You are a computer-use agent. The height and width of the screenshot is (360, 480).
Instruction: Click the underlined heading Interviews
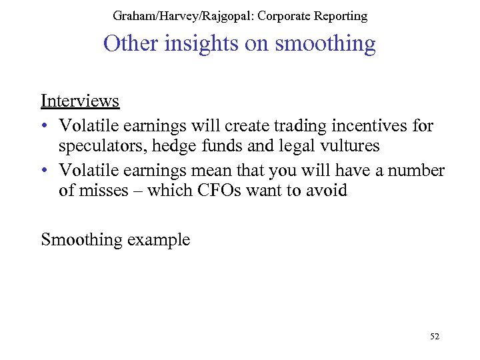point(80,101)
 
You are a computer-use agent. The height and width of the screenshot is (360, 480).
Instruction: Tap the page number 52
point(435,337)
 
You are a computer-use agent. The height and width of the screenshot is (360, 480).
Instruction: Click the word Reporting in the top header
point(340,15)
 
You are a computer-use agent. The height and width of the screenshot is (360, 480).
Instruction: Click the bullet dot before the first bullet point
point(44,126)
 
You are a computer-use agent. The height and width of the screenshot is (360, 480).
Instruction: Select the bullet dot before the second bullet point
point(44,171)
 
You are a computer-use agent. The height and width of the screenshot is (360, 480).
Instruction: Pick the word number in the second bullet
point(417,170)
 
